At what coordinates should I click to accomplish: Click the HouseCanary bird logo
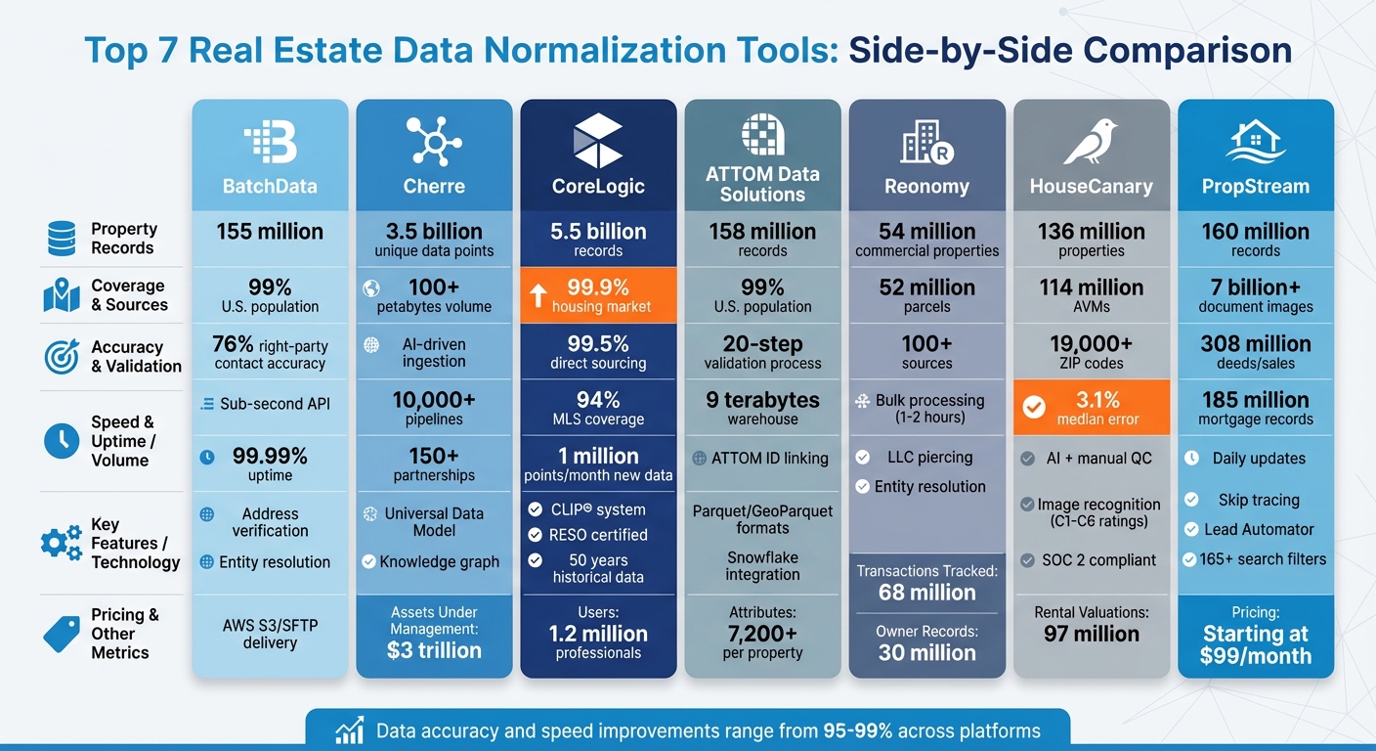[1090, 143]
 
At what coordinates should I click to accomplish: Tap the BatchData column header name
[270, 186]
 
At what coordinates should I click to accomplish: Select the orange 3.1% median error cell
[1091, 407]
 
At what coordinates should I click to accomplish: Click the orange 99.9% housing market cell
[598, 294]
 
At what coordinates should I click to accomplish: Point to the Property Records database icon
[62, 239]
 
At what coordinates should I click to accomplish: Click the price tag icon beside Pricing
[62, 634]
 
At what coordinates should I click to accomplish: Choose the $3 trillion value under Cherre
[434, 650]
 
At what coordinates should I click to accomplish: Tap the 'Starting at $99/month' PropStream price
[1256, 645]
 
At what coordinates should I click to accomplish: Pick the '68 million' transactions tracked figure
[926, 593]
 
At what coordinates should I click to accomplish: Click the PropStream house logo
[1255, 143]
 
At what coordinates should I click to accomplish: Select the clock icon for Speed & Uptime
[62, 441]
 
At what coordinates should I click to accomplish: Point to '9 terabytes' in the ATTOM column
[762, 400]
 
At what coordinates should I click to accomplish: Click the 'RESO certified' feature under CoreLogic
[598, 535]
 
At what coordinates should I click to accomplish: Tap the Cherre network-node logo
[434, 141]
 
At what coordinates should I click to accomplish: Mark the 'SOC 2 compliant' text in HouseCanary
[1098, 560]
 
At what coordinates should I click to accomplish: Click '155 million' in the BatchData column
[270, 232]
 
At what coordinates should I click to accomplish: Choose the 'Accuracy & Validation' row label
[136, 357]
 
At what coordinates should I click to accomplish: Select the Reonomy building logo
[926, 143]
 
